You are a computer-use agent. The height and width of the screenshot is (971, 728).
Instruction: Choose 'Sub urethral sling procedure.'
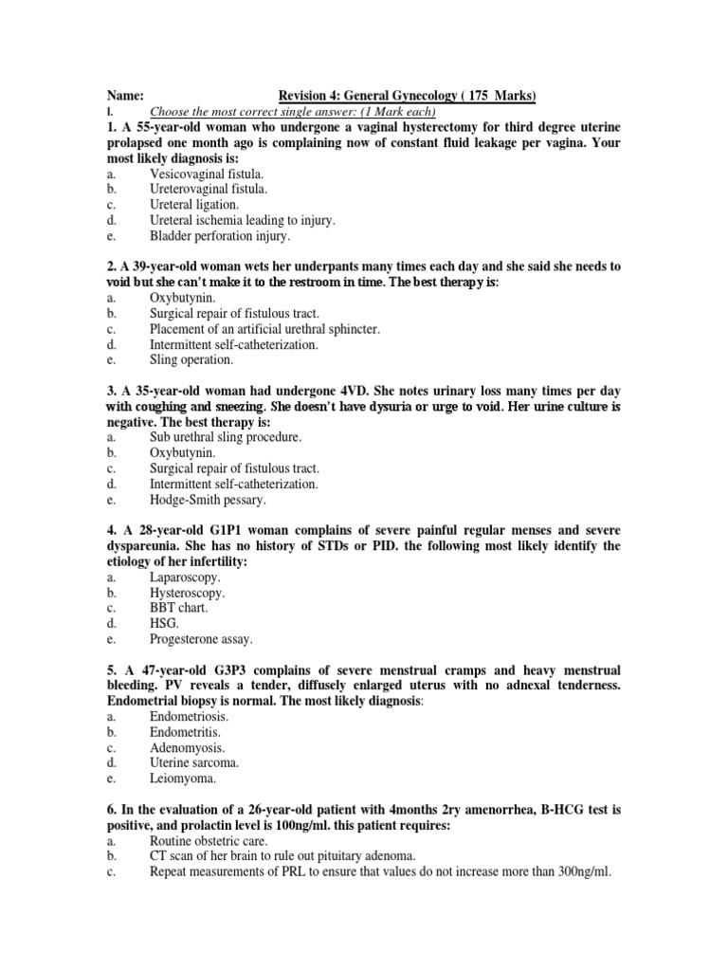click(x=225, y=437)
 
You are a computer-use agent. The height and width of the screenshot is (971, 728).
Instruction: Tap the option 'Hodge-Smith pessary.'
click(x=208, y=499)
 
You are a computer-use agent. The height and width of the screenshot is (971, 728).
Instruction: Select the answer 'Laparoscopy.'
click(x=185, y=577)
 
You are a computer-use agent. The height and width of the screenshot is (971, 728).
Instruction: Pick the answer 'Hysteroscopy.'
click(x=187, y=593)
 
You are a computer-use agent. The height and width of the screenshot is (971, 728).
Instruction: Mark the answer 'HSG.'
click(x=164, y=623)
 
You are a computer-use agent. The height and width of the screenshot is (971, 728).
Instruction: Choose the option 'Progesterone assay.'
click(x=201, y=639)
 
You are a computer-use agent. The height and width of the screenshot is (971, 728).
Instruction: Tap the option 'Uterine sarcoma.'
click(x=194, y=762)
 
